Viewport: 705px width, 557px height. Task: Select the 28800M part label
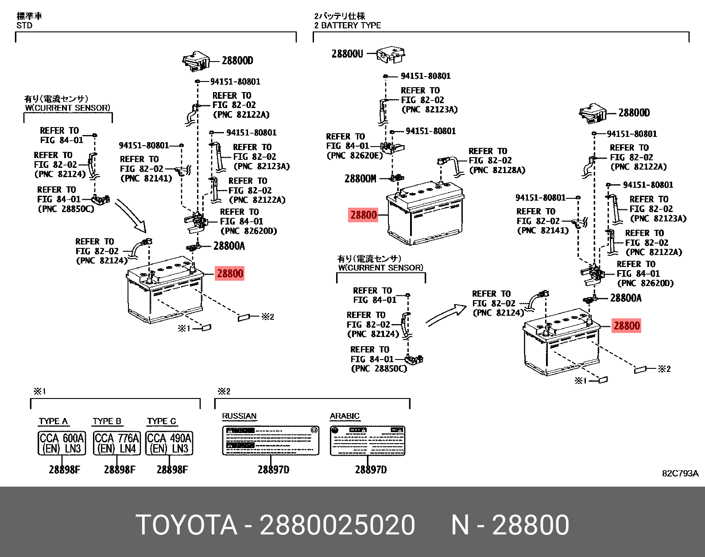click(x=360, y=179)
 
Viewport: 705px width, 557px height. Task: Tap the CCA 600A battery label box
click(x=62, y=443)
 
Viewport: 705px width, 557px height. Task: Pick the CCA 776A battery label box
click(x=117, y=443)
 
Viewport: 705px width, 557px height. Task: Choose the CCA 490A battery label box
click(x=169, y=443)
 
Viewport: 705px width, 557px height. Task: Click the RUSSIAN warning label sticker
click(x=270, y=441)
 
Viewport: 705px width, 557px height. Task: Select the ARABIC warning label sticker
click(x=368, y=441)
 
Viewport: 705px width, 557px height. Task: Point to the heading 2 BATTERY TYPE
click(x=348, y=26)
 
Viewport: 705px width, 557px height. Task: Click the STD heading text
click(x=24, y=26)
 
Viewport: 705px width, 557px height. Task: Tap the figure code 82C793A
click(x=680, y=473)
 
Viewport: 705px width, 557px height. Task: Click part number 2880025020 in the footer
click(x=337, y=525)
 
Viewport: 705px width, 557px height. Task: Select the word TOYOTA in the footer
click(x=186, y=525)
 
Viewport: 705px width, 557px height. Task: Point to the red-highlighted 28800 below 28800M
click(x=364, y=215)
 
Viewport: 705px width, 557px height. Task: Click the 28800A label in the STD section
click(x=229, y=246)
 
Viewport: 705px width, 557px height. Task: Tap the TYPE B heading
click(x=107, y=421)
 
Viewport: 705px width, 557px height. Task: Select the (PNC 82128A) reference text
click(x=497, y=170)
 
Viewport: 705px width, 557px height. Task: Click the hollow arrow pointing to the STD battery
click(x=132, y=216)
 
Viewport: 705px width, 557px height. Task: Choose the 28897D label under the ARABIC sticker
click(x=370, y=470)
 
